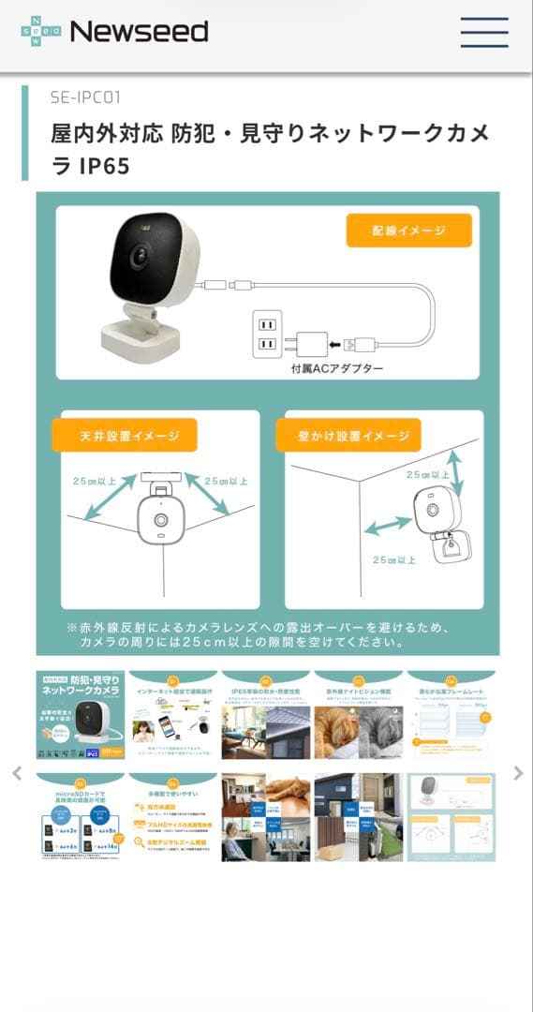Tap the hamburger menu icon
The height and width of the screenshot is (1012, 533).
tap(484, 32)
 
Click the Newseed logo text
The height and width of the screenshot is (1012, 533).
tap(139, 32)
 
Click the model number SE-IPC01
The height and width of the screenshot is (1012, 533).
tap(85, 97)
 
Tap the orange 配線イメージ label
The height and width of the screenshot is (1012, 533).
tap(407, 231)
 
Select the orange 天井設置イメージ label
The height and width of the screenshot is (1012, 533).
tap(124, 436)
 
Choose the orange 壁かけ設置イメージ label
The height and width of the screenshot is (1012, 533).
tap(348, 436)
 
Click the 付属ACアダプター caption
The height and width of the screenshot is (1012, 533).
tap(337, 369)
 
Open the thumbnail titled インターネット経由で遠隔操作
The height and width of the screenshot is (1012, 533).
tap(172, 714)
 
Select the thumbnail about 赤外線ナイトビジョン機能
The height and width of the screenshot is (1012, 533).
tap(358, 714)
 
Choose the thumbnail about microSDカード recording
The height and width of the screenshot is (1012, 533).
tap(80, 817)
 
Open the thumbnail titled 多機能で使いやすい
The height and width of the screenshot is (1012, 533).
tap(172, 817)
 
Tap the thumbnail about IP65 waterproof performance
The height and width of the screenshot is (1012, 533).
tap(265, 714)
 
